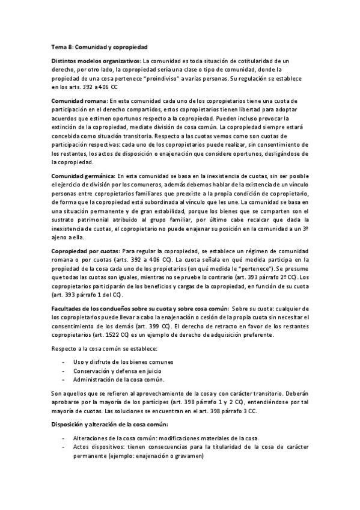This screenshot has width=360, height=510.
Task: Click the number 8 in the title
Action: point(71,47)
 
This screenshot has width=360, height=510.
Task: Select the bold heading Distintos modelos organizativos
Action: point(96,61)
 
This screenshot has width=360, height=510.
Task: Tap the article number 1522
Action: point(113,334)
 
